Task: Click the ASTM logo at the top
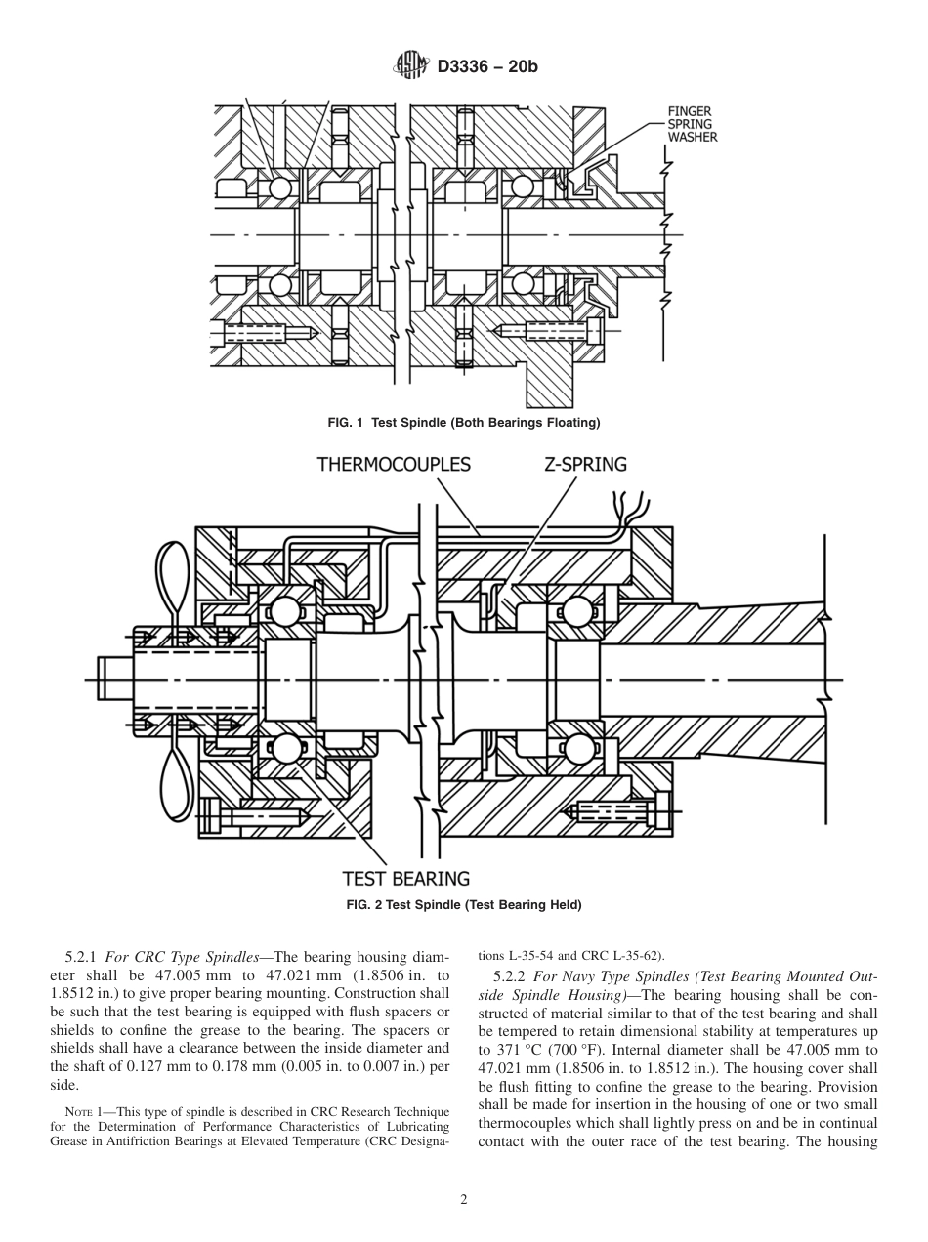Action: click(x=410, y=65)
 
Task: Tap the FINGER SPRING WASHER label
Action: click(x=692, y=125)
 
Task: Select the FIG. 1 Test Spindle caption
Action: click(x=463, y=423)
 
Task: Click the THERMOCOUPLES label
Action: click(x=394, y=464)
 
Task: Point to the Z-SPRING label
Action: click(x=585, y=464)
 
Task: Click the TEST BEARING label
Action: click(x=406, y=878)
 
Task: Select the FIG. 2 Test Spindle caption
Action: click(x=464, y=905)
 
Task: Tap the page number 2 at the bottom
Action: click(x=464, y=1200)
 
